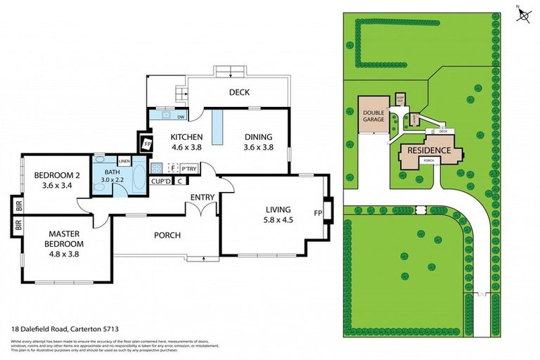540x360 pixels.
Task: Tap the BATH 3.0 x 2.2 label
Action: [112, 176]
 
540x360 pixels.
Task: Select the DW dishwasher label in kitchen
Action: [181, 117]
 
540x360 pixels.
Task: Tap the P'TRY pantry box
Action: [188, 169]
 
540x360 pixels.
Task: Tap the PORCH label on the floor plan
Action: [167, 235]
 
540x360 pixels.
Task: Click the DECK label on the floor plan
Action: [239, 92]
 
